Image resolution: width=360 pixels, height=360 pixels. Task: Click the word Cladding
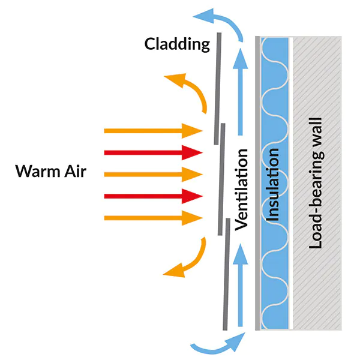click(x=177, y=44)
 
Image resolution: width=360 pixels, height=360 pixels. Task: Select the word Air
click(x=75, y=173)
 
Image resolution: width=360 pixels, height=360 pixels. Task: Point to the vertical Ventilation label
click(x=242, y=190)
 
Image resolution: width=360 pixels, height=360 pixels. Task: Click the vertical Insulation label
click(x=273, y=186)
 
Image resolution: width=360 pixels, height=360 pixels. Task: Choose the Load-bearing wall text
click(x=317, y=182)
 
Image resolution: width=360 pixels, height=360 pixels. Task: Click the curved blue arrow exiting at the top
click(x=222, y=18)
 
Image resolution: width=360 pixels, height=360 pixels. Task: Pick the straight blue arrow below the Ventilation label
click(x=241, y=282)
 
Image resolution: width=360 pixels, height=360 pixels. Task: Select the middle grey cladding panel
click(x=221, y=180)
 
